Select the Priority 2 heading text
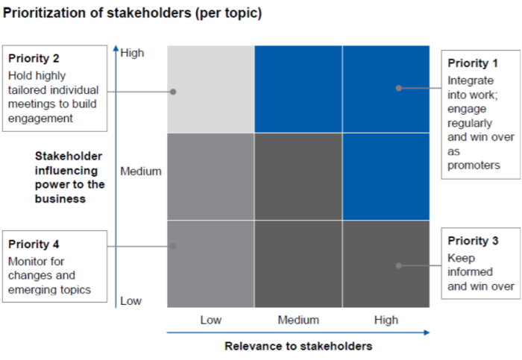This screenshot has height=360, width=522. click(x=34, y=58)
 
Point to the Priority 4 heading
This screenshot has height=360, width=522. click(x=34, y=244)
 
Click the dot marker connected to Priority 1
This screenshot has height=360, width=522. click(x=399, y=88)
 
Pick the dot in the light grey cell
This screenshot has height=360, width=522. click(x=173, y=92)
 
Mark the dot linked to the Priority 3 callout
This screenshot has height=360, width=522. click(x=399, y=265)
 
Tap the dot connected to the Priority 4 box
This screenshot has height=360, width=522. click(x=173, y=246)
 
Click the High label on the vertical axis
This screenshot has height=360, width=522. click(x=132, y=53)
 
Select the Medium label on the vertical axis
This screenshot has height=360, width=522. click(x=141, y=171)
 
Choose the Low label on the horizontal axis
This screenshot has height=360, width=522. click(x=211, y=320)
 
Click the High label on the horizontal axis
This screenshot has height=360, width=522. click(x=386, y=320)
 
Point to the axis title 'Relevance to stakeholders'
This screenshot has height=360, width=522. click(x=298, y=346)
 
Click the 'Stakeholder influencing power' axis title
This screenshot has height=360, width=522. click(x=68, y=177)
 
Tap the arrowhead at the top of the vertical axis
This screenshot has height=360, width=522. click(x=116, y=49)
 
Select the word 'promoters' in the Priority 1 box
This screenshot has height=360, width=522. click(x=474, y=165)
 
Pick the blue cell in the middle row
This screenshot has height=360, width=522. click(x=386, y=177)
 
